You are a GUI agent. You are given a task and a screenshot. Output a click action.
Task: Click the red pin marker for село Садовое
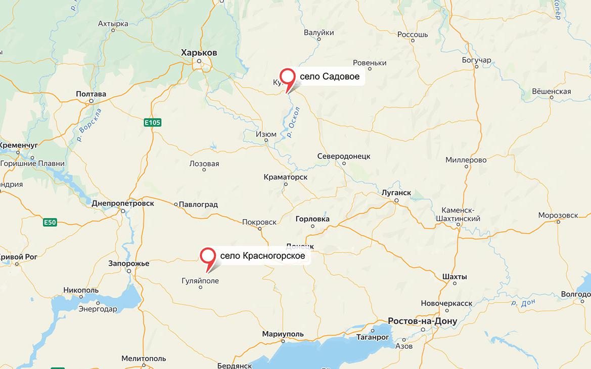pyautogui.click(x=288, y=77)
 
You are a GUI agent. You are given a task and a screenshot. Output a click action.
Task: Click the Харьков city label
pyautogui.click(x=199, y=53)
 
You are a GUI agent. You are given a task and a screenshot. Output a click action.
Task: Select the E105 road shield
pyautogui.click(x=152, y=122)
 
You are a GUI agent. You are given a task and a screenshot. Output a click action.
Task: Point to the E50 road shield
pyautogui.click(x=50, y=222)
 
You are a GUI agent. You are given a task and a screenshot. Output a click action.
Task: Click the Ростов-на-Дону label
pyautogui.click(x=422, y=321)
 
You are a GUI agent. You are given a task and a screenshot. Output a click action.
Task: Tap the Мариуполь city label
pyautogui.click(x=283, y=334)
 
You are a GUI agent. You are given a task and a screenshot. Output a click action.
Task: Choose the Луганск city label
pyautogui.click(x=396, y=193)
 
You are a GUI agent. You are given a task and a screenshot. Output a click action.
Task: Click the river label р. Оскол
pyautogui.click(x=294, y=122)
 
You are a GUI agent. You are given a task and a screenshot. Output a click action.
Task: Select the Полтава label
pyautogui.click(x=91, y=94)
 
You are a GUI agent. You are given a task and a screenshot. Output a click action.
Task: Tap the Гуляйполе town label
pyautogui.click(x=200, y=280)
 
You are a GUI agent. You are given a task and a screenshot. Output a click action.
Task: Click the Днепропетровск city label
pyautogui.click(x=123, y=203)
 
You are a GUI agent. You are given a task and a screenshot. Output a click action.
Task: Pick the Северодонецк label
pyautogui.click(x=344, y=156)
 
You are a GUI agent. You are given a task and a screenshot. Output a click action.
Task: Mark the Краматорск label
pyautogui.click(x=286, y=177)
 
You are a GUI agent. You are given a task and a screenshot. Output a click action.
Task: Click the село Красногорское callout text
pyautogui.click(x=262, y=256)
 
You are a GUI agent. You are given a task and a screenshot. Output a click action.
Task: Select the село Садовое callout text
pyautogui.click(x=329, y=77)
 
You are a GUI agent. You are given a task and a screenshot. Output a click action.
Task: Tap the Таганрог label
pyautogui.click(x=373, y=337)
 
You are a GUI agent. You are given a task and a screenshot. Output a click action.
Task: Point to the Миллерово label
pyautogui.click(x=466, y=160)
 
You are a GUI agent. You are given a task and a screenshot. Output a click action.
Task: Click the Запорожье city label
pyautogui.click(x=129, y=264)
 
